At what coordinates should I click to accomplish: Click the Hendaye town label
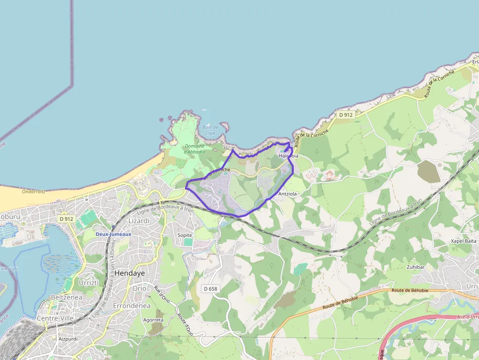point(130,273)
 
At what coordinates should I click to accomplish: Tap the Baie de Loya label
point(210,130)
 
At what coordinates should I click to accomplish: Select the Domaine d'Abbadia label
point(195,149)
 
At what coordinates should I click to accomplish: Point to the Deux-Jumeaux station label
point(113,234)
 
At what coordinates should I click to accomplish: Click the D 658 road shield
point(210,289)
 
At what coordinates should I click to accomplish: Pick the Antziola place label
point(287,194)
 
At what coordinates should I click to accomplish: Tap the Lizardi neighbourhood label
point(138,221)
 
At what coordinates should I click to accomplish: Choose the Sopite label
point(185,235)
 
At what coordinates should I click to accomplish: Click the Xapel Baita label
point(463,241)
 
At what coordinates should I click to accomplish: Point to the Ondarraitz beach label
point(34,191)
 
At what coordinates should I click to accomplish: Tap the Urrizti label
point(88,283)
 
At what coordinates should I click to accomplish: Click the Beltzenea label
point(66,297)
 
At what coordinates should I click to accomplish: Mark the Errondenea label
point(131,305)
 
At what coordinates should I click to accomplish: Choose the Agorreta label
point(153,320)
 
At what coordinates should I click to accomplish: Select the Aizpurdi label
point(68,339)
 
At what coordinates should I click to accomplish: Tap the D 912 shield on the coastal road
point(346,115)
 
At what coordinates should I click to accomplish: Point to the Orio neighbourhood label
point(139,288)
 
